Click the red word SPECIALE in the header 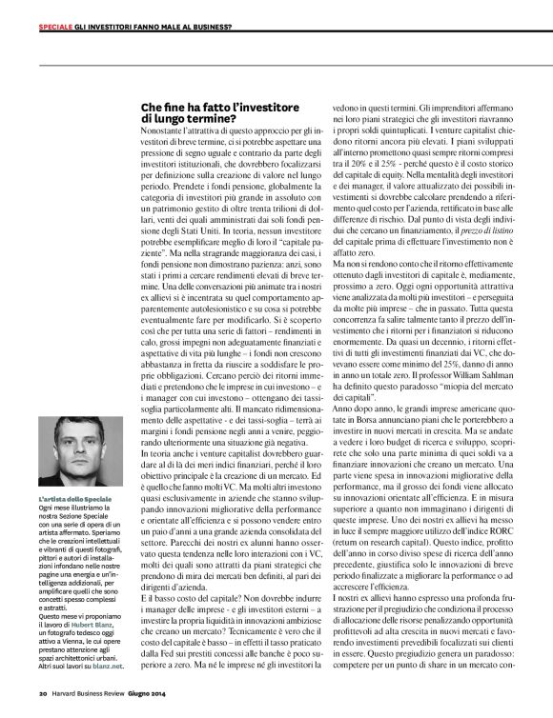[56, 25]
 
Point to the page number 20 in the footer [43, 693]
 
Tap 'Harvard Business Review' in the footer [91, 693]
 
